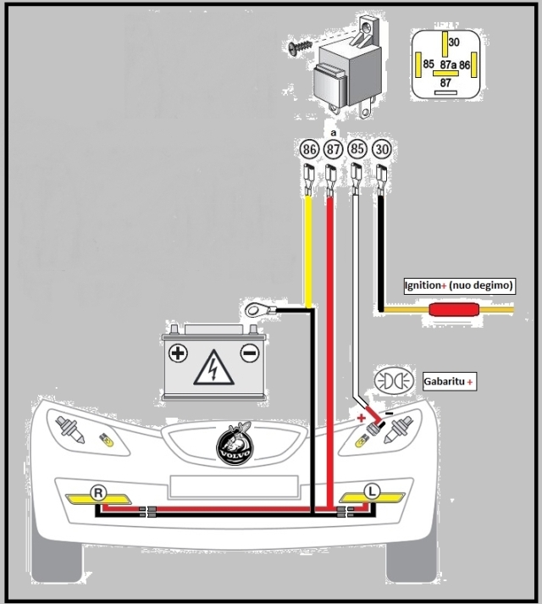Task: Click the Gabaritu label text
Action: tap(444, 383)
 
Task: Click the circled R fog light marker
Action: tap(99, 492)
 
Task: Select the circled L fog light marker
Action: tap(370, 490)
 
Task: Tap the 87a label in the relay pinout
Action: tap(448, 64)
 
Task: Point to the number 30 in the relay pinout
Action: tap(454, 42)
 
